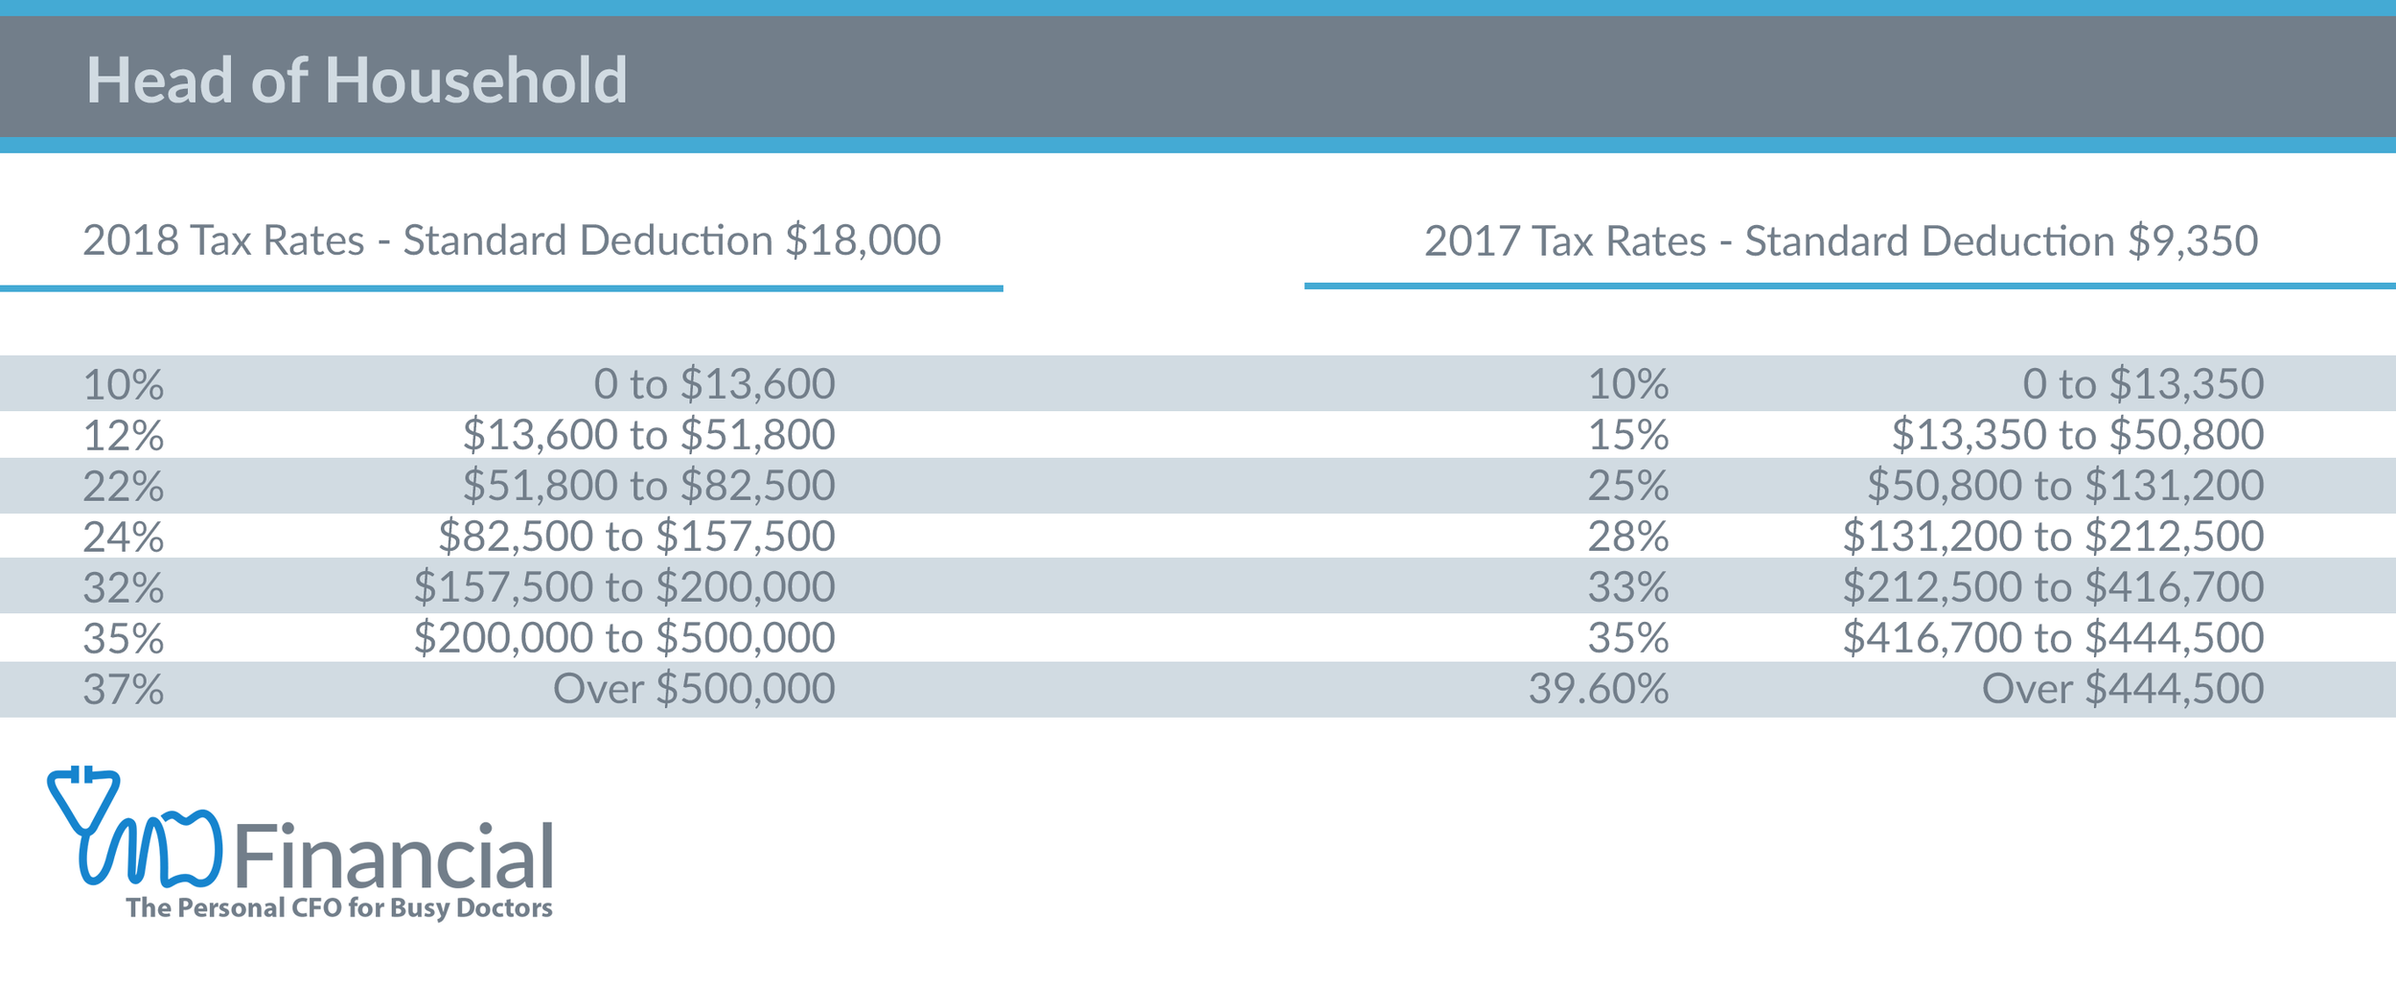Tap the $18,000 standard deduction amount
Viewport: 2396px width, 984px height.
tap(863, 240)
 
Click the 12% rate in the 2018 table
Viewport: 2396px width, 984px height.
tap(123, 436)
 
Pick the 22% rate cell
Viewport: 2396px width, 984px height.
tap(123, 487)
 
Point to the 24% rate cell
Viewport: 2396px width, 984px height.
tap(123, 538)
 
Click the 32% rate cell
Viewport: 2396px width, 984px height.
tap(123, 588)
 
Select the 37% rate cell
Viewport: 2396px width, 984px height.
tap(123, 690)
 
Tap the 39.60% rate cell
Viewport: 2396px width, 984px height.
tap(1598, 690)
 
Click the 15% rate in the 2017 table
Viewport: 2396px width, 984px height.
tap(1627, 436)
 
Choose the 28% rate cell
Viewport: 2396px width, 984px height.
tap(1627, 538)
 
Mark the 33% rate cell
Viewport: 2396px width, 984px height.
tap(1627, 588)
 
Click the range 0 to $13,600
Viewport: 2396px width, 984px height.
tap(714, 385)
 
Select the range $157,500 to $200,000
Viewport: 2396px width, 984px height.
tap(624, 588)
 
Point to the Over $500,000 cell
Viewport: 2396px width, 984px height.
tap(694, 690)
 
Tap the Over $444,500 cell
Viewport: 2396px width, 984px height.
tap(2122, 690)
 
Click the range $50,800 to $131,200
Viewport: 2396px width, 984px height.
tap(2064, 487)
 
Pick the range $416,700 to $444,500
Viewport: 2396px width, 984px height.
tap(2053, 639)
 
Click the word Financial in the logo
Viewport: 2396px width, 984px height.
tap(393, 858)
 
